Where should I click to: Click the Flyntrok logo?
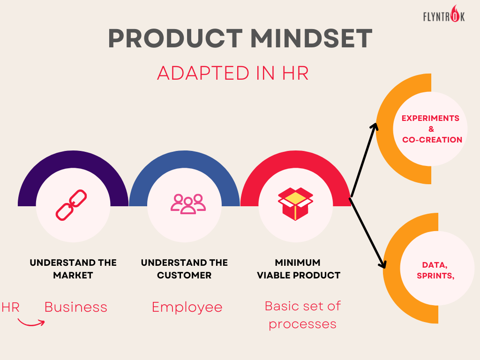[x=444, y=14]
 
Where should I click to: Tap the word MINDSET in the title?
[x=311, y=38]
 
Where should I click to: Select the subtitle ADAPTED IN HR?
[x=232, y=73]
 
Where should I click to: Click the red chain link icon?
[x=71, y=205]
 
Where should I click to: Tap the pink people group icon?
[x=188, y=204]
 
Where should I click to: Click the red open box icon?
[x=295, y=204]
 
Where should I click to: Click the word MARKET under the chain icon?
[x=73, y=275]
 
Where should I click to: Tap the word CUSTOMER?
[x=184, y=275]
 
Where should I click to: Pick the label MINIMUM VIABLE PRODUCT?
[x=299, y=269]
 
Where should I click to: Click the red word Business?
[x=76, y=307]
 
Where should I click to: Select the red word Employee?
[x=187, y=307]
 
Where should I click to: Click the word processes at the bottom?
[x=302, y=324]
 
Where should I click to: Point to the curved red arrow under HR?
[x=30, y=323]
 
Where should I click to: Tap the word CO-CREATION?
[x=432, y=140]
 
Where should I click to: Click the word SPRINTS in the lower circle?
[x=435, y=276]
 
